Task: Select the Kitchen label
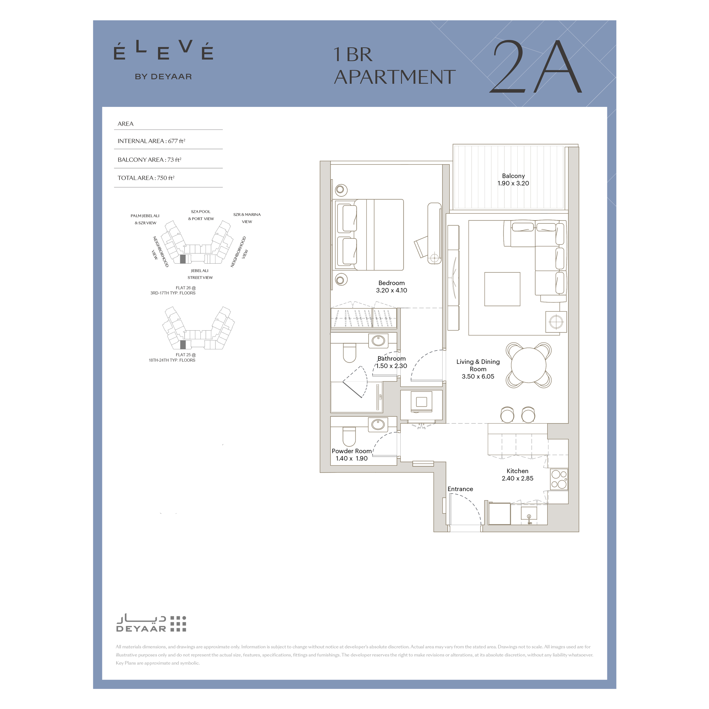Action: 517,471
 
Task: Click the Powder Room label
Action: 352,451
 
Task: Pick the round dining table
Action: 529,365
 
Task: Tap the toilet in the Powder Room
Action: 349,436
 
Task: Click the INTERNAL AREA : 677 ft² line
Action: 151,141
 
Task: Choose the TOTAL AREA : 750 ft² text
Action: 146,178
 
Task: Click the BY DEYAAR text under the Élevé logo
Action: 163,77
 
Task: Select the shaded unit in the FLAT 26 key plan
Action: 183,259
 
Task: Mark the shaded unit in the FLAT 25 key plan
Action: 183,345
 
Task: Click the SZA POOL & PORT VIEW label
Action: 201,215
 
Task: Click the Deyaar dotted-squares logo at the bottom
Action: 178,624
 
